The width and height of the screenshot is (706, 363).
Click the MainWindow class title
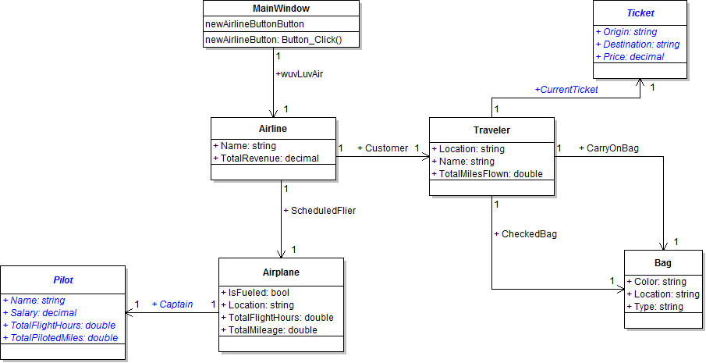pos(281,9)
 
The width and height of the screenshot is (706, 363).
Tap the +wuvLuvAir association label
pos(300,74)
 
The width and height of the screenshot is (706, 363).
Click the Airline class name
pos(273,130)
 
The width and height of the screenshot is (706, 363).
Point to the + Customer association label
pos(382,148)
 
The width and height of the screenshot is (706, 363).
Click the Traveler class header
pos(491,130)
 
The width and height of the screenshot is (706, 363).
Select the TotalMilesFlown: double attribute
pos(490,174)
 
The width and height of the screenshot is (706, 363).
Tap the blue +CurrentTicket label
pos(566,90)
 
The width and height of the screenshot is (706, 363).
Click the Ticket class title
pos(640,13)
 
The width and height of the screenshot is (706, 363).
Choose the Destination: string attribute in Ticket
pos(637,44)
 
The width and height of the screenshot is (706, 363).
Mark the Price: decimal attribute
pos(630,57)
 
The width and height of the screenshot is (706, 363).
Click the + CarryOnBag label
pos(608,148)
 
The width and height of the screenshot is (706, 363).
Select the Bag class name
pos(662,263)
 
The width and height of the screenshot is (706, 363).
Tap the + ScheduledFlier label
pos(320,210)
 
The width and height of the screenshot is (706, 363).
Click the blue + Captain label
pos(172,304)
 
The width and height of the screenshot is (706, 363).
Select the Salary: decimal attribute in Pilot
pos(43,312)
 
